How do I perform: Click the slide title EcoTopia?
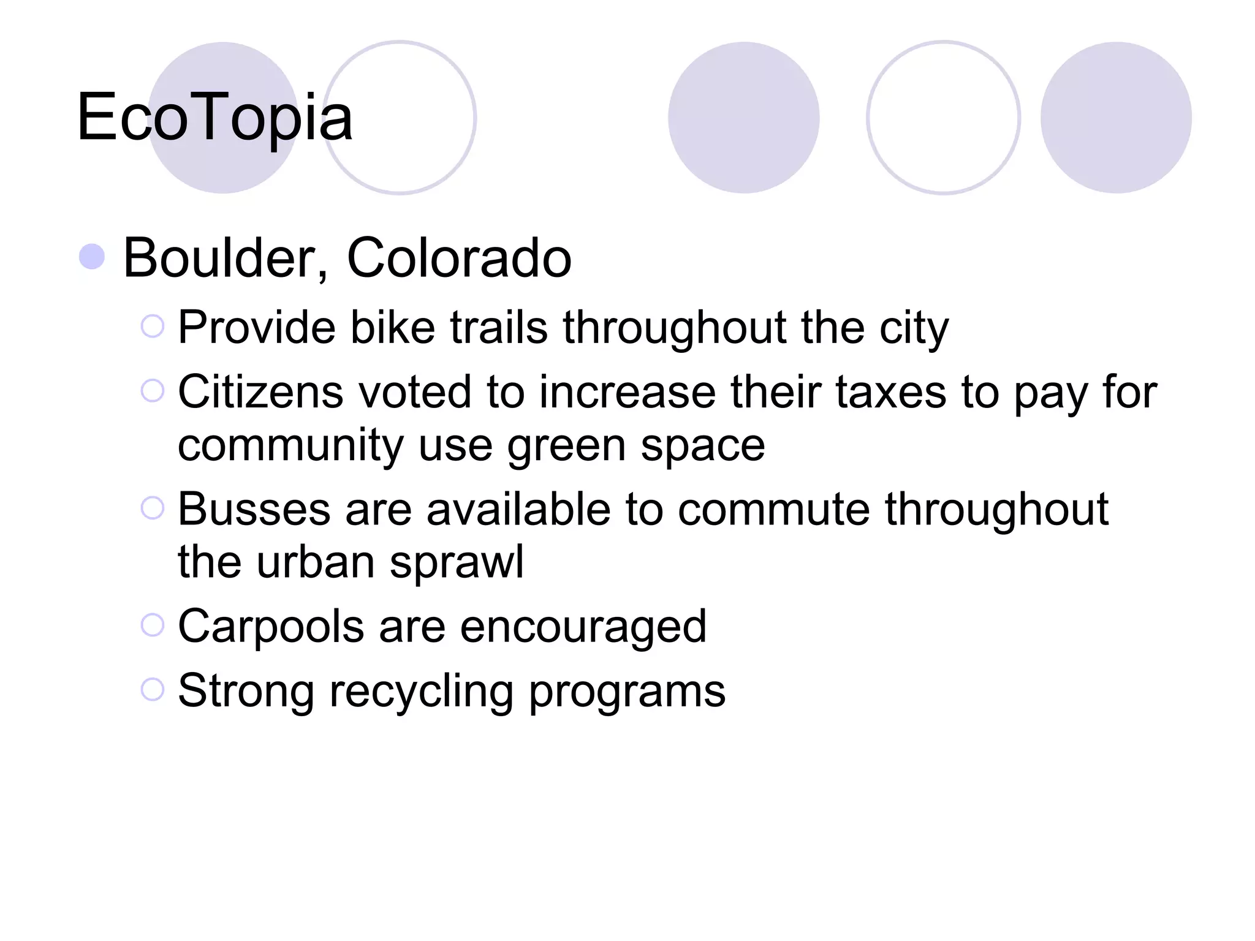(x=214, y=116)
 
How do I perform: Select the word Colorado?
(x=459, y=258)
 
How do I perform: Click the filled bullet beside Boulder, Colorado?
(x=92, y=257)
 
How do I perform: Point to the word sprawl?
(x=457, y=563)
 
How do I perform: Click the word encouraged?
(x=583, y=627)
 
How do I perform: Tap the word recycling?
(x=421, y=692)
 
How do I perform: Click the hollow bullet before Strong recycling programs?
(x=153, y=689)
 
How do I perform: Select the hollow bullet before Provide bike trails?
(x=153, y=326)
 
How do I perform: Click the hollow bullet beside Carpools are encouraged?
(x=153, y=625)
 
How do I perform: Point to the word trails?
(x=499, y=327)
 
